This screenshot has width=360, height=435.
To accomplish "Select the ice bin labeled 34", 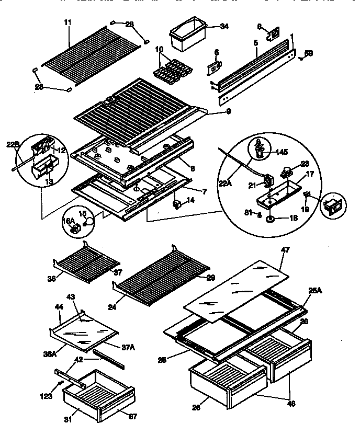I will [186, 36].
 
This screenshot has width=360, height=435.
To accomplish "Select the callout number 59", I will [309, 53].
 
